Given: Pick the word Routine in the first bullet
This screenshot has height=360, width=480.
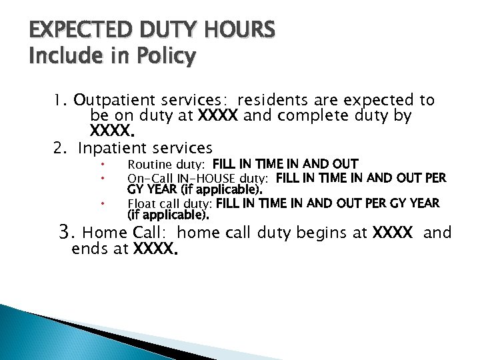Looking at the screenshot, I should click(147, 164).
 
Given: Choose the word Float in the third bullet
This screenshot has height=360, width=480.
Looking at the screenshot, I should click(141, 204).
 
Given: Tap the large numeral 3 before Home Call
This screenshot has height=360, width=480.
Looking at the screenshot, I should click(65, 232).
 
